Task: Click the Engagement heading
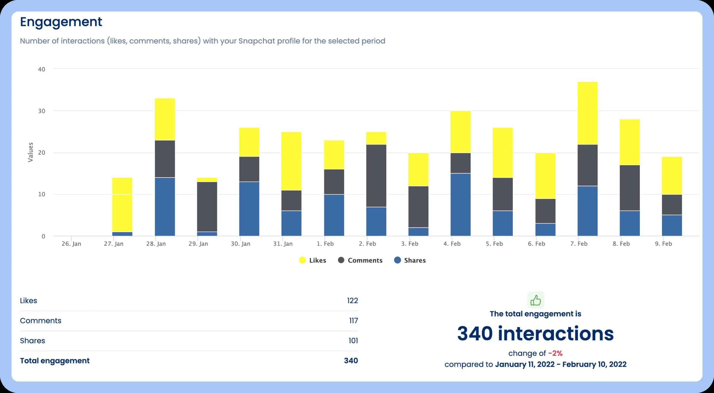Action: (61, 22)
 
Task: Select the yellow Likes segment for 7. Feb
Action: (587, 113)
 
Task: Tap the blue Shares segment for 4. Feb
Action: (460, 205)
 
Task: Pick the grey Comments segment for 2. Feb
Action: (376, 176)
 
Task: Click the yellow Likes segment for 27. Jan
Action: (122, 205)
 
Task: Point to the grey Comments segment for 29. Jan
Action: (207, 207)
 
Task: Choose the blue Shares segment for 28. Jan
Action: (165, 207)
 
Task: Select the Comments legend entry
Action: (360, 260)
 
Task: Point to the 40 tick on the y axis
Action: (42, 69)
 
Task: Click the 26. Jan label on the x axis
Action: (71, 244)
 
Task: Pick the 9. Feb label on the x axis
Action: (663, 244)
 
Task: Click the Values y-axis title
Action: (30, 152)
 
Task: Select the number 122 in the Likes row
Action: (352, 300)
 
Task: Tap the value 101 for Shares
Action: (353, 341)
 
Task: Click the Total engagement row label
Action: (55, 361)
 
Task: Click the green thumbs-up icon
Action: (535, 300)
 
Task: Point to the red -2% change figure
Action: (555, 353)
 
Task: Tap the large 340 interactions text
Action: (535, 334)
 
